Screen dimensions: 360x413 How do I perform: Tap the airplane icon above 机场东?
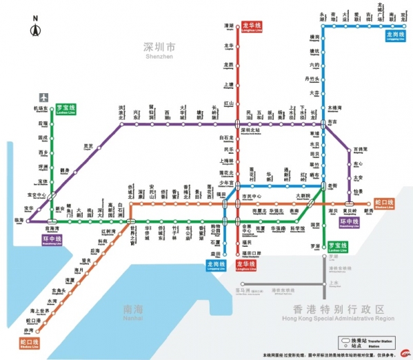tap(44, 98)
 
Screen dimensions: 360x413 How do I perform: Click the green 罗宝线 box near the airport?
tap(67, 108)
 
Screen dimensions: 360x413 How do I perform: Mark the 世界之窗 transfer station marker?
tap(131, 221)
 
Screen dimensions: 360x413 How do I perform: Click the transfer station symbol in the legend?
tap(346, 341)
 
